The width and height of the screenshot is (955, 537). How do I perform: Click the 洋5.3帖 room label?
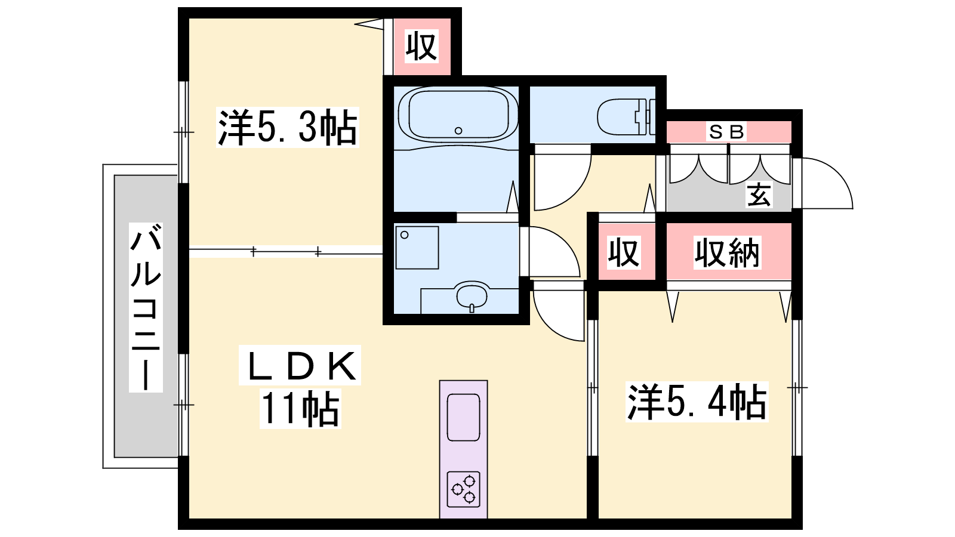(287, 128)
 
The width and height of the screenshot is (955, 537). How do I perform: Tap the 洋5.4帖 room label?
(697, 402)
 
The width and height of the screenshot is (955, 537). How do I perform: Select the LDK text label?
(300, 365)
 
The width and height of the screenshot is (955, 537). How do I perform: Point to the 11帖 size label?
(300, 409)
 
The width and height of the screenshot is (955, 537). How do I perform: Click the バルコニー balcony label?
(146, 307)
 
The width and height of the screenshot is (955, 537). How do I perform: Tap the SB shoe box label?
(726, 132)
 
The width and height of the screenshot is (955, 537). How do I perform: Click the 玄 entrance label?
(759, 195)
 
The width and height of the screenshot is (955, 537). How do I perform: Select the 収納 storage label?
(728, 253)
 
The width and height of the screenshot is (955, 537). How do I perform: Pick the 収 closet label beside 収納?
(624, 253)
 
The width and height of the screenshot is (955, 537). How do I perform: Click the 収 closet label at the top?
(421, 47)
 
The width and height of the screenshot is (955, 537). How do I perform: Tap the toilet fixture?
(626, 116)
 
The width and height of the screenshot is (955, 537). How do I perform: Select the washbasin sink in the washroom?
(472, 295)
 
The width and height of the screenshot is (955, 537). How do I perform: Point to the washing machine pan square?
(417, 248)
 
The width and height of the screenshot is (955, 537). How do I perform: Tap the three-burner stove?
(463, 489)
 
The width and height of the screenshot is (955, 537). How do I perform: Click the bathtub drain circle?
(458, 131)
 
